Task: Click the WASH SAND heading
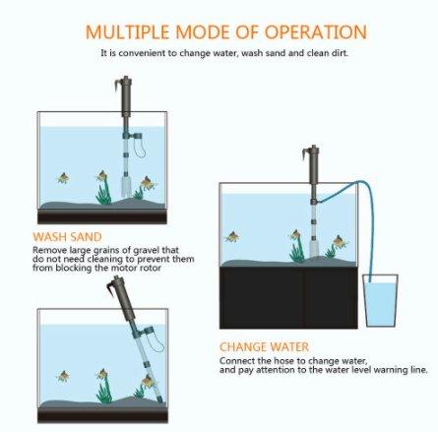pos(66,237)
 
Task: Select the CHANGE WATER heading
pos(264,347)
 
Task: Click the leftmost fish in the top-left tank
pos(63,178)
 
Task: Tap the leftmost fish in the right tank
pos(232,237)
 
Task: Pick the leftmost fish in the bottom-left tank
pos(63,376)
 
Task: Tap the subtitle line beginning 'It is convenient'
pos(223,52)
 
